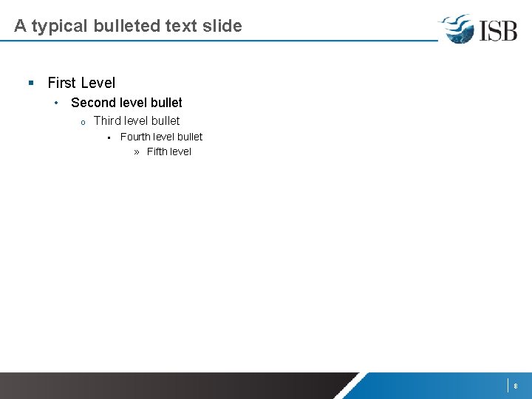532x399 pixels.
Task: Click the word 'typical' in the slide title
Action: tap(58, 27)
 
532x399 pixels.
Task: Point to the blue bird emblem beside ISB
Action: tap(457, 29)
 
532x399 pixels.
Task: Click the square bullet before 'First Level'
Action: tap(31, 83)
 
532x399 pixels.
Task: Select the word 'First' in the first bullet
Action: tap(62, 83)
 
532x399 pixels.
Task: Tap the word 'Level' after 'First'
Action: tap(98, 83)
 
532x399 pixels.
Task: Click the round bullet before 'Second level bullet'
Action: tap(57, 102)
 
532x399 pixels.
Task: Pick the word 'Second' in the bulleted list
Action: tap(93, 103)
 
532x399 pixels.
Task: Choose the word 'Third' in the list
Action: tap(107, 120)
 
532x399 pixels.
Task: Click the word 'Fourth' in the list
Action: tap(135, 137)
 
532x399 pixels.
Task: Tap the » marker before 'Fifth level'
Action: tap(137, 152)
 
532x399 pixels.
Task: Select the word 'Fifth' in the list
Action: tap(157, 151)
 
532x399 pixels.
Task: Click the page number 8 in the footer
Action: tap(515, 386)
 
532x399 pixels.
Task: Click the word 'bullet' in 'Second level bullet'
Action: tap(166, 103)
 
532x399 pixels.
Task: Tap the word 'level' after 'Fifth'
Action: tap(180, 151)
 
